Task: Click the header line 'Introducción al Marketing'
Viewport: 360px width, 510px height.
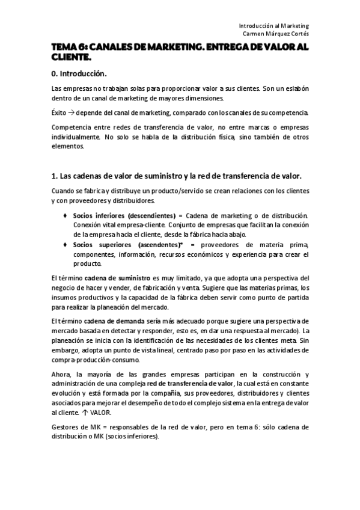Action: [273, 26]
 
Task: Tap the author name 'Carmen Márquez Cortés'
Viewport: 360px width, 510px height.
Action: [272, 34]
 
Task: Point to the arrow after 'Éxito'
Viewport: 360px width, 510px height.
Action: [73, 113]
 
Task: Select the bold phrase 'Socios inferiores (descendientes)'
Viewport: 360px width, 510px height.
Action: [123, 215]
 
